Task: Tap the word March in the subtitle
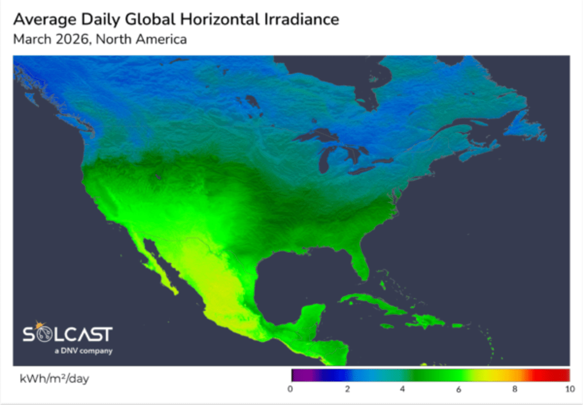(x=29, y=39)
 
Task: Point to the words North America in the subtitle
(x=141, y=39)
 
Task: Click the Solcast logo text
(x=68, y=334)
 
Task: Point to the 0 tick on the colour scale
(x=291, y=389)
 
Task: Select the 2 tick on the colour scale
(x=347, y=389)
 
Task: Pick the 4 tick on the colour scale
(x=403, y=389)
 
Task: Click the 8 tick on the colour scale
(x=514, y=389)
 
